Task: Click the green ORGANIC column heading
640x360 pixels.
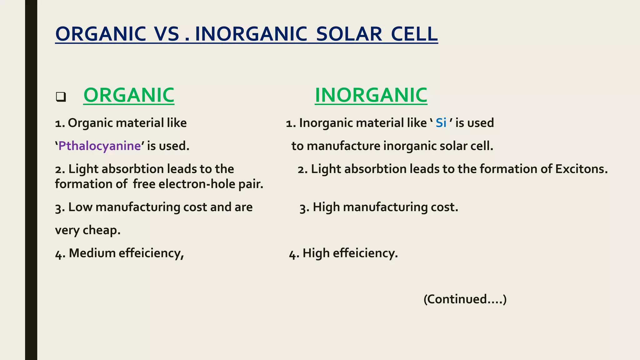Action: [x=129, y=95]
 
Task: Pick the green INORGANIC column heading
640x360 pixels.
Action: [x=371, y=95]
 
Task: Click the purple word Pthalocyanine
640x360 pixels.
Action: [x=99, y=146]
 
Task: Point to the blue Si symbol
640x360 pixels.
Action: [x=441, y=123]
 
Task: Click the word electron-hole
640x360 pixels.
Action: [x=197, y=184]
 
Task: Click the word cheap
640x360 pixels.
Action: [x=101, y=230]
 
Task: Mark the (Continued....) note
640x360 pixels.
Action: [x=465, y=299]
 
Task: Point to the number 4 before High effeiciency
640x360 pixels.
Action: [x=293, y=254]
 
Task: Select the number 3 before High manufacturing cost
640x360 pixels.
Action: [x=303, y=208]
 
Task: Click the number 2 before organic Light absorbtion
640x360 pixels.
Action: [x=58, y=170]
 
